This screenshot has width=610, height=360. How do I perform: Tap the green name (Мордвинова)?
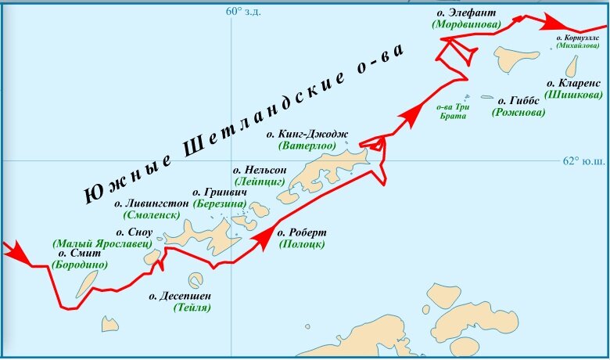(466, 25)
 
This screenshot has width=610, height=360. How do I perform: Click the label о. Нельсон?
(260, 170)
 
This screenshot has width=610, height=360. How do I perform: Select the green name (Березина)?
(219, 203)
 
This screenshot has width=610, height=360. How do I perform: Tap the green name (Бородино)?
(80, 265)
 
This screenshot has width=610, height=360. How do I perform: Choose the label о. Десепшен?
(180, 296)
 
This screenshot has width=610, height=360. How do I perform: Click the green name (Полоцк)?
(301, 244)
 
